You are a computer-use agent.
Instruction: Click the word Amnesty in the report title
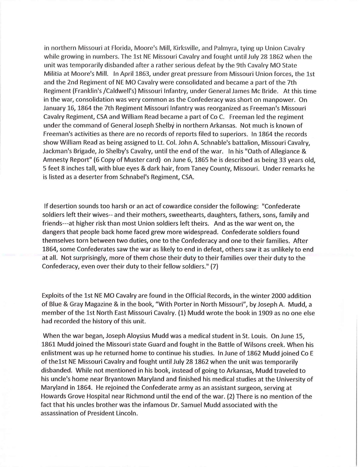54,160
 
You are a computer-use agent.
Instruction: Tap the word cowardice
182,207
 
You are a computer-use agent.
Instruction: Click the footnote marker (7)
214,267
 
